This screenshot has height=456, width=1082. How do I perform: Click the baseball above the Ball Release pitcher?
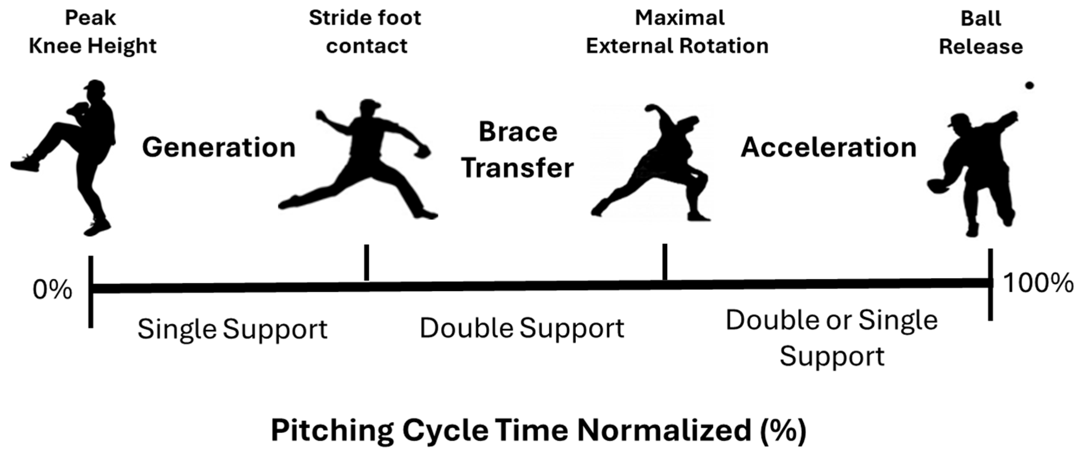1029,85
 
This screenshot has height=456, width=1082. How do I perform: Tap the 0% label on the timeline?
53,290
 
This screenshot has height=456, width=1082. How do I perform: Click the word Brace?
518,132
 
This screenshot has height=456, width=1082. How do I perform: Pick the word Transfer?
517,168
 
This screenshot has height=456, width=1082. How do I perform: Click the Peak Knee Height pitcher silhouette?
63,158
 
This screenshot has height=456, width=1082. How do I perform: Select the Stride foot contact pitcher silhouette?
358,160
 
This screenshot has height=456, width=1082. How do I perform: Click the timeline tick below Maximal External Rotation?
664,261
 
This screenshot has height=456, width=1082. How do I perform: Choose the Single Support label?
232,329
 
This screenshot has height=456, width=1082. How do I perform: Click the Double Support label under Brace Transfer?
522,328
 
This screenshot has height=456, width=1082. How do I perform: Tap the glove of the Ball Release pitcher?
939,186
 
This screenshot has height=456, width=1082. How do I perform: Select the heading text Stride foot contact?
365,32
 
